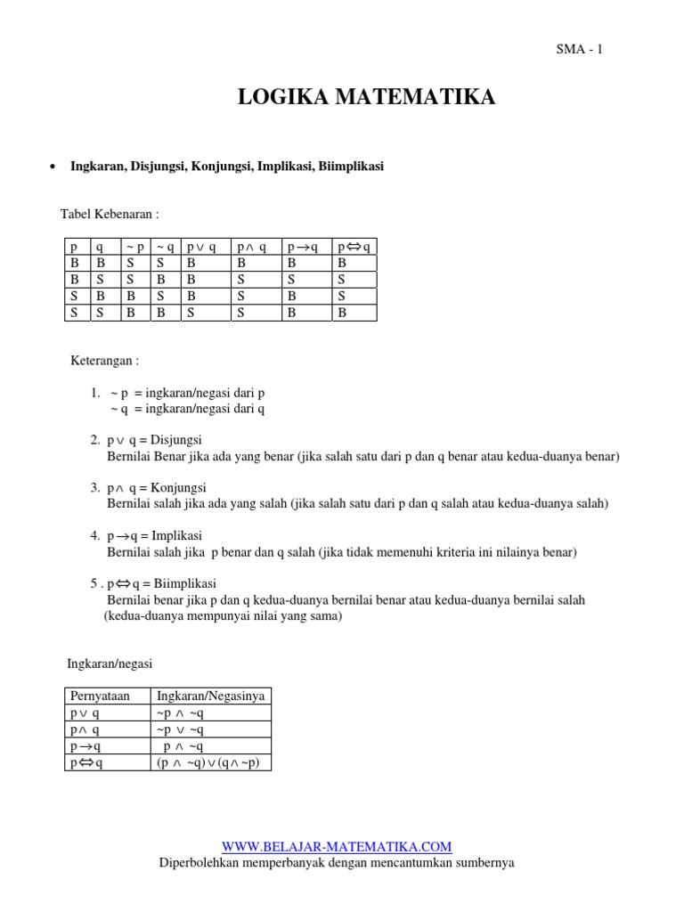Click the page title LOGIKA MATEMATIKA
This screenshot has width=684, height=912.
tap(366, 97)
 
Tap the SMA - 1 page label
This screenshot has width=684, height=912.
tap(579, 50)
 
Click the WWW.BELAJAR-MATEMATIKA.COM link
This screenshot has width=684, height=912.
tap(337, 846)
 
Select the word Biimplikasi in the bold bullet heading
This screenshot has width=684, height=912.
tap(353, 166)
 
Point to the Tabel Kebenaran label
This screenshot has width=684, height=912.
tap(110, 215)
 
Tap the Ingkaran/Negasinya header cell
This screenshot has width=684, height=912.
tap(211, 696)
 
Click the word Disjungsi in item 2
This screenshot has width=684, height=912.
tap(176, 440)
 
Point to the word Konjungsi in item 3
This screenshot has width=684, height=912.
tap(178, 488)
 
